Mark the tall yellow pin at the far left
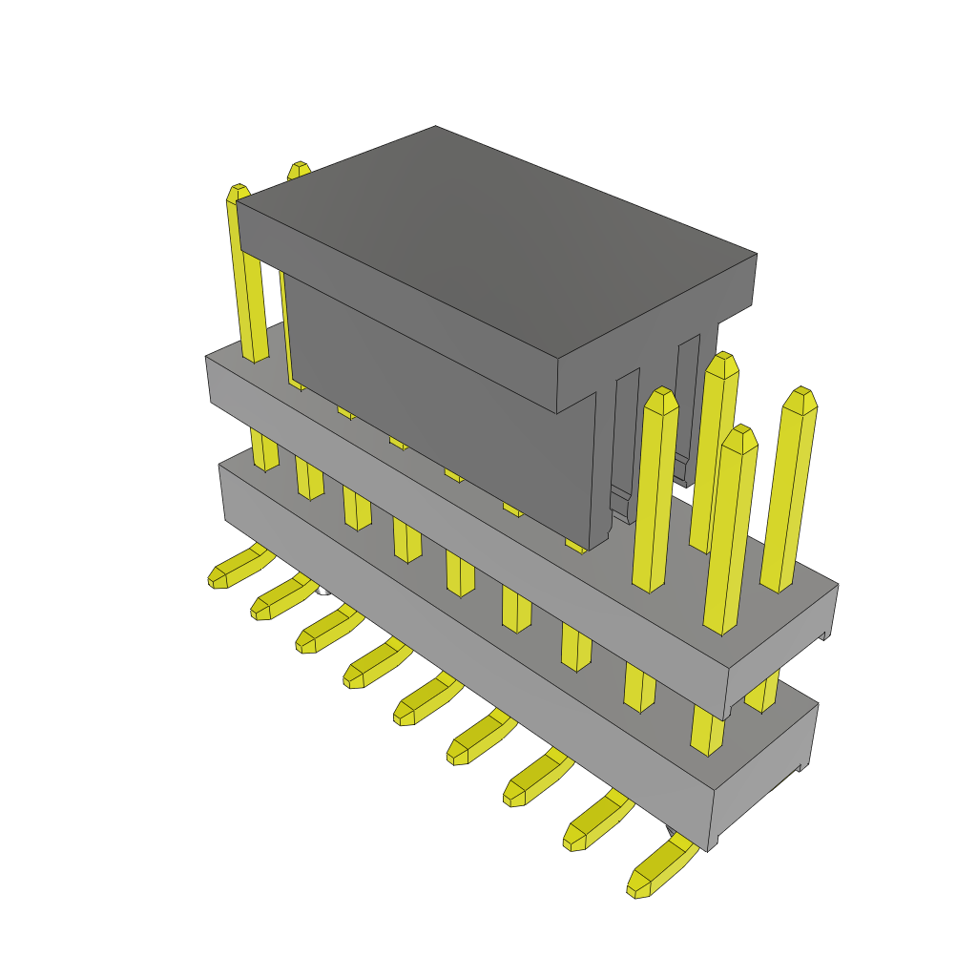[246, 277]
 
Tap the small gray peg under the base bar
[323, 591]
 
